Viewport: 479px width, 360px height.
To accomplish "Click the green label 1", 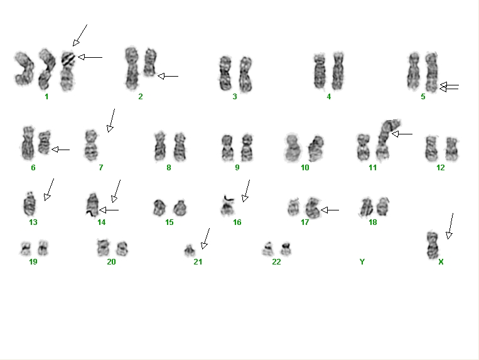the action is pos(46,97).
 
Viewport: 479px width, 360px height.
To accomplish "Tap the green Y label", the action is pos(362,262).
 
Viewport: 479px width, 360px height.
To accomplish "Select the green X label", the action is pos(441,262).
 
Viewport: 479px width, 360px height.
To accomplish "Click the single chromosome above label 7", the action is pos(91,145).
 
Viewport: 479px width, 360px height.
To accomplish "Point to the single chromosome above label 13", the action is pos(30,203).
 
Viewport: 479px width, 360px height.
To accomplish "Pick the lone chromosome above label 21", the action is pos(190,250).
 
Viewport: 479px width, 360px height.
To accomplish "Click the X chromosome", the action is pos(433,245).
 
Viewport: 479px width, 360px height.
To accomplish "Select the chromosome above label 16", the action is pos(227,205).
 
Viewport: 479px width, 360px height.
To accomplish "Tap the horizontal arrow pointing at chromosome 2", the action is pos(168,76).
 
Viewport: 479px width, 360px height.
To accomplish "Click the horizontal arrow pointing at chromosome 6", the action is pos(61,150).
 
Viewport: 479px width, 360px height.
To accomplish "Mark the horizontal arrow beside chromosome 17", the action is pos(330,210).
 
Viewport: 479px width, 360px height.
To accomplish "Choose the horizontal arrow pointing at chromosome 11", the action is pos(402,134).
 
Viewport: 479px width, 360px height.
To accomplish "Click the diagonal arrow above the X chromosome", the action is pos(450,226).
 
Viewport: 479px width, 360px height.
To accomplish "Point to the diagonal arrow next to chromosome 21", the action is pos(205,238).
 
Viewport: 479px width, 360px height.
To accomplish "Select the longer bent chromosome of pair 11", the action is pos(385,141).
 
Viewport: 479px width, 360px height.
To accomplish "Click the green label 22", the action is pos(276,262).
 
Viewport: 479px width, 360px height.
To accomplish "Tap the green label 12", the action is pos(441,168).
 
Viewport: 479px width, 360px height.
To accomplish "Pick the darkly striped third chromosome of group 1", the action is pos(67,71).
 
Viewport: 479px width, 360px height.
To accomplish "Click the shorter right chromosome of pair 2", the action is pos(149,62).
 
